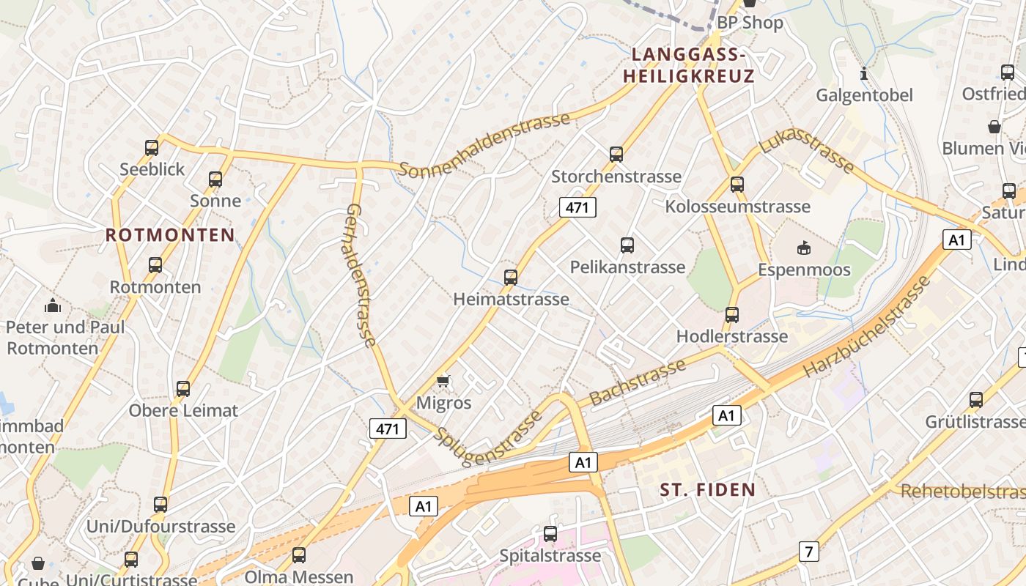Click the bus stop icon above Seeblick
click(x=152, y=148)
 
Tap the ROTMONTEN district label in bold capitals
click(x=170, y=235)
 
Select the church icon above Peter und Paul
click(x=53, y=305)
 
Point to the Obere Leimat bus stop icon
click(x=183, y=389)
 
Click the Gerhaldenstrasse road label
click(x=361, y=275)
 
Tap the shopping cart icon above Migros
click(x=443, y=381)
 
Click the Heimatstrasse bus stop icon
click(x=511, y=278)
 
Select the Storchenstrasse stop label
click(x=616, y=177)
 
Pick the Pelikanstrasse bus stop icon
click(x=627, y=245)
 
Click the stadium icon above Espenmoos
click(x=804, y=248)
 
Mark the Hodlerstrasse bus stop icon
click(x=731, y=315)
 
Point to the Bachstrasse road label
click(x=638, y=383)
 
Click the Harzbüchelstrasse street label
click(x=866, y=327)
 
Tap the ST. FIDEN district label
click(x=707, y=490)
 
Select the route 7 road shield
click(x=808, y=552)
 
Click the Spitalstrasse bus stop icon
click(x=550, y=534)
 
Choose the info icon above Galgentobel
click(x=864, y=74)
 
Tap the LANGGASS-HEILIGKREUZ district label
click(x=687, y=65)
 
